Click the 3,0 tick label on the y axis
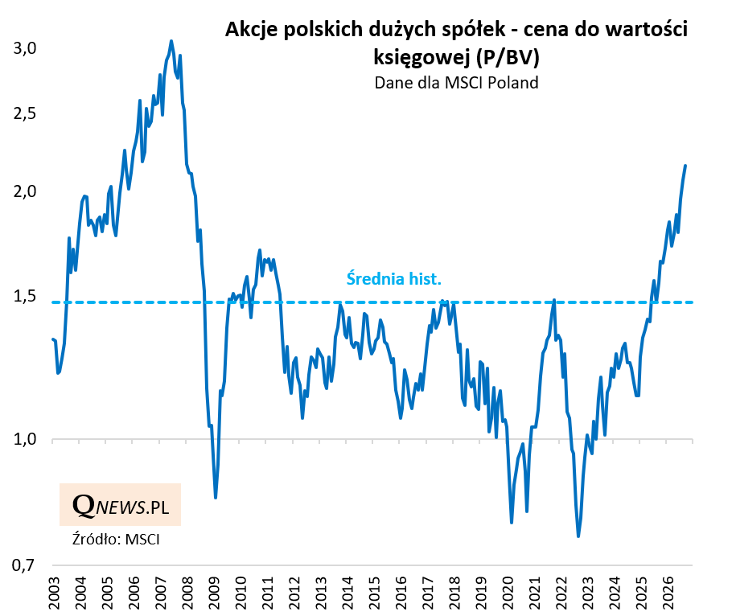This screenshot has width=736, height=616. click(x=24, y=48)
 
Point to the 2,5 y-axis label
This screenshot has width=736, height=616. click(x=24, y=113)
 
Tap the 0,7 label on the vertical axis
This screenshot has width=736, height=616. click(x=24, y=565)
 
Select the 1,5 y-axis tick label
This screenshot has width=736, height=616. click(x=24, y=296)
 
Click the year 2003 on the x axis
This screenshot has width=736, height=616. click(x=54, y=593)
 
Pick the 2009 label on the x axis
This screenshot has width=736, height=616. click(x=214, y=593)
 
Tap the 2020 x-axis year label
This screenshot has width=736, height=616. click(x=508, y=593)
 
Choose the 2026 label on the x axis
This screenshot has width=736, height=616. click(x=669, y=593)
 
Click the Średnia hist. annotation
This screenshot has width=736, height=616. click(x=394, y=279)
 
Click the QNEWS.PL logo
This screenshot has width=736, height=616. click(x=120, y=505)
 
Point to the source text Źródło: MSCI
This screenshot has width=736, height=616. click(x=116, y=539)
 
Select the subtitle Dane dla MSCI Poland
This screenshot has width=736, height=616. click(x=456, y=83)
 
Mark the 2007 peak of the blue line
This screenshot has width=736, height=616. click(x=171, y=41)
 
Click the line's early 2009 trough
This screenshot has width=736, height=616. click(x=216, y=497)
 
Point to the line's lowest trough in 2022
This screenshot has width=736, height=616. click(x=578, y=536)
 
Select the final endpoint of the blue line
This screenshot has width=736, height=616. click(x=685, y=166)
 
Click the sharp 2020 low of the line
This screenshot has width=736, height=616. click(x=511, y=522)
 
